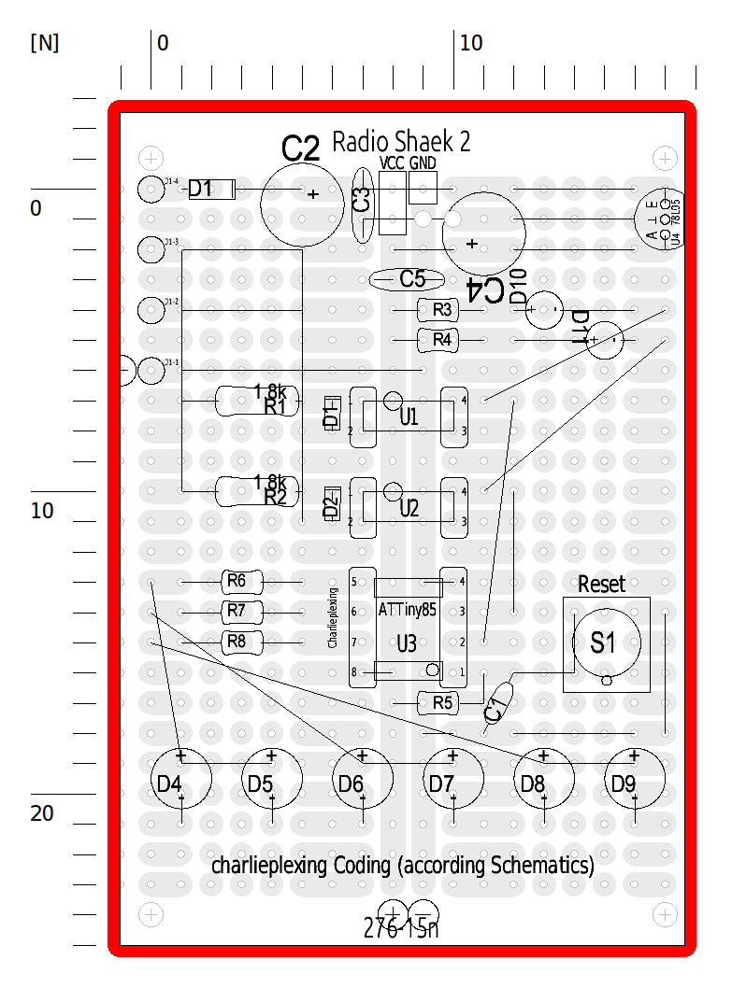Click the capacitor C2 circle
coord(301,194)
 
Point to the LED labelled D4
coord(181,779)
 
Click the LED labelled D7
coord(453,779)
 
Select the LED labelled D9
coord(635,779)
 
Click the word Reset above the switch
coord(601,585)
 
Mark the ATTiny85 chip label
coord(408,610)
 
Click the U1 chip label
coord(409,416)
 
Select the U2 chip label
coord(409,508)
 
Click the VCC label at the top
coord(393,162)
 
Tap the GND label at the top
coord(423,162)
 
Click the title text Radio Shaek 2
coord(401,142)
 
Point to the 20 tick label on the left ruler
coord(42,813)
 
